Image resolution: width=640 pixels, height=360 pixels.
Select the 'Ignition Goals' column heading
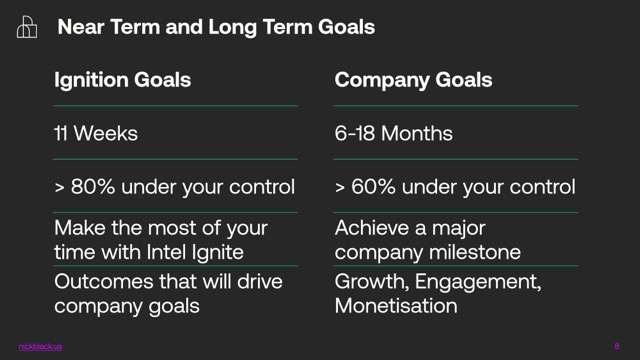[x=122, y=80]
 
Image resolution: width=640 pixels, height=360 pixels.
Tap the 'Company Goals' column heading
[x=413, y=80]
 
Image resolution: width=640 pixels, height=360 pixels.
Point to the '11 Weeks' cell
[x=97, y=133]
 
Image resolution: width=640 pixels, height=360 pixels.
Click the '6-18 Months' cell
[x=394, y=133]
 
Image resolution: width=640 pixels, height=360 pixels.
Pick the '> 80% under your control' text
[x=174, y=186]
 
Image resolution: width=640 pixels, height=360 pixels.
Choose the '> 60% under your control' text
[x=455, y=186]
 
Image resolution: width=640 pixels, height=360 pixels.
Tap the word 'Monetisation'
[x=396, y=305]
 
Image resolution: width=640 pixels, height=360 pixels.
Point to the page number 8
[x=616, y=346]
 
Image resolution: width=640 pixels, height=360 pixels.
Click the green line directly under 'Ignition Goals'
[x=175, y=105]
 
